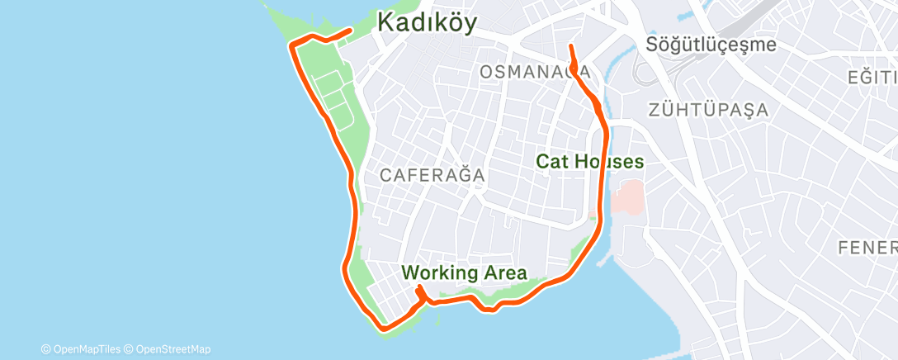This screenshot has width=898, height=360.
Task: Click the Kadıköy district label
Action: pyautogui.click(x=427, y=22)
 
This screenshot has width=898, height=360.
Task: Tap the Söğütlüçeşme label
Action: pyautogui.click(x=711, y=44)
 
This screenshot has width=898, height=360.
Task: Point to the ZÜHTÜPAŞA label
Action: pyautogui.click(x=708, y=109)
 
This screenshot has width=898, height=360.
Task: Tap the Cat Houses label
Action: pyautogui.click(x=590, y=161)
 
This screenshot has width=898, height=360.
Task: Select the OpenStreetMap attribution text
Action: pyautogui.click(x=168, y=349)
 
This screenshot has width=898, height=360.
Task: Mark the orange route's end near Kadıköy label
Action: pyautogui.click(x=351, y=31)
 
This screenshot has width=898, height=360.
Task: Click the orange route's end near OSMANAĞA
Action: pyautogui.click(x=571, y=46)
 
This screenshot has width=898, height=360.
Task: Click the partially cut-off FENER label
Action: pyautogui.click(x=867, y=248)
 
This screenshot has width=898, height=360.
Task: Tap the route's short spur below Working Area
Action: pyautogui.click(x=421, y=290)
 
